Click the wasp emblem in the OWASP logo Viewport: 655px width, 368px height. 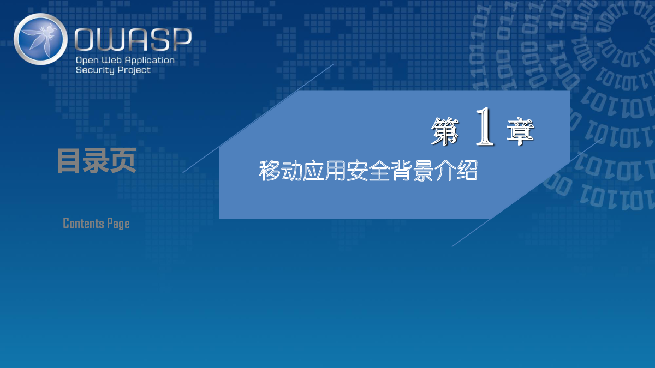coord(40,39)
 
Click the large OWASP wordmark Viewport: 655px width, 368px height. coord(133,39)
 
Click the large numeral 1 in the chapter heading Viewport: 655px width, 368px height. coord(485,126)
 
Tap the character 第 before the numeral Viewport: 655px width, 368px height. coord(445,131)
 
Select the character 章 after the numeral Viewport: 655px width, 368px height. coord(520,131)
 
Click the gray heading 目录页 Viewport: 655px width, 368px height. coord(97,160)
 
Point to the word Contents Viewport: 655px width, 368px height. coord(84,224)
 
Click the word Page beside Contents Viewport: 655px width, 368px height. coord(118,224)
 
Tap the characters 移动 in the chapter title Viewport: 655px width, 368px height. coord(281,171)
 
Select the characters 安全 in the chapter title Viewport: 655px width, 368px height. coord(368,171)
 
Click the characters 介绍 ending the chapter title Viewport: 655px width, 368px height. coord(456,171)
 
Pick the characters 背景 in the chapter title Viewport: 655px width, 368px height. coord(412,171)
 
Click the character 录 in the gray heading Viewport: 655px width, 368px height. coord(97,160)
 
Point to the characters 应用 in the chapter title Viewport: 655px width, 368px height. coord(324,171)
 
